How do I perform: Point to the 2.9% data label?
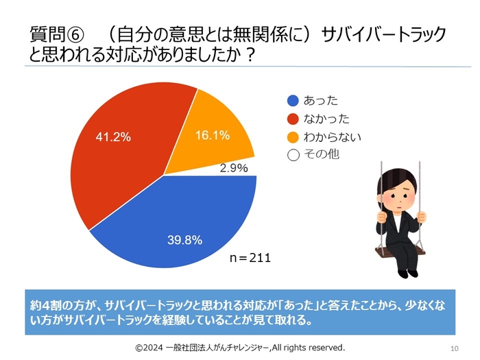point(234,167)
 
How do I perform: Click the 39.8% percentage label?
point(185,239)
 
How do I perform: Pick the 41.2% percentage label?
point(112,137)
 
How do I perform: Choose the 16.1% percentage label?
point(213,136)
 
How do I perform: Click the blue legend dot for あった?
point(293,101)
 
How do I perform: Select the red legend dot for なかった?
point(293,119)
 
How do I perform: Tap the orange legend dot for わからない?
point(293,136)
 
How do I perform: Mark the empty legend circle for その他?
point(293,154)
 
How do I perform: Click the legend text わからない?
point(332,136)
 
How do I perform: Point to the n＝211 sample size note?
point(250,259)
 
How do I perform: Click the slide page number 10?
point(454,348)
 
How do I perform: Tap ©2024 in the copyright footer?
point(148,348)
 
